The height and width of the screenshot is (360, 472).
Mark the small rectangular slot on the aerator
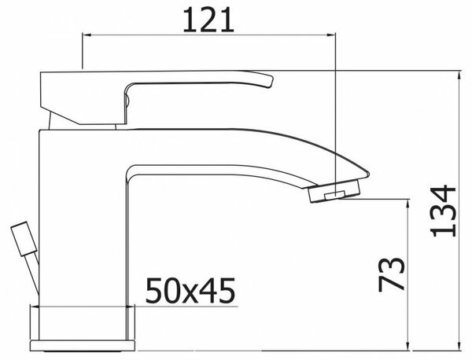(x=336, y=193)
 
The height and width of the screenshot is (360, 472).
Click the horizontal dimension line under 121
(x=208, y=35)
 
